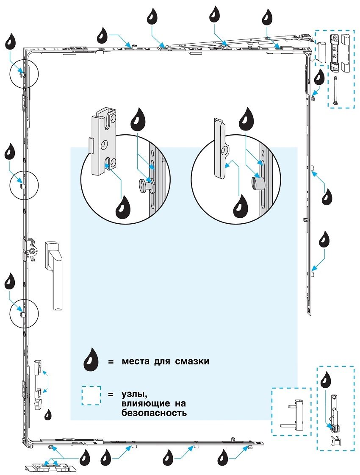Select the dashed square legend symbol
click(x=91, y=395)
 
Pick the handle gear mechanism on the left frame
click(x=30, y=251)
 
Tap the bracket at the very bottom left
click(x=51, y=467)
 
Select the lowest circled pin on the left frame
click(x=22, y=314)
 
